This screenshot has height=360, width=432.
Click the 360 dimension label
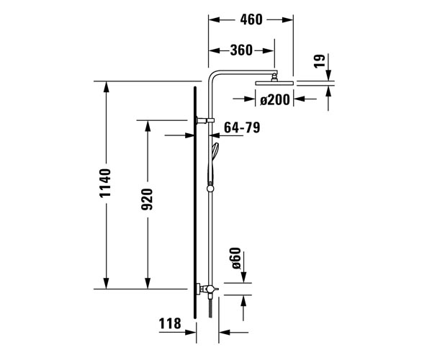pyautogui.click(x=242, y=50)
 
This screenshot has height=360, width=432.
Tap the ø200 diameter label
pyautogui.click(x=274, y=100)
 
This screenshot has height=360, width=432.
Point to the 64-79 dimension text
pyautogui.click(x=242, y=128)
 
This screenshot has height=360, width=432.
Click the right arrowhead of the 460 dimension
pyautogui.click(x=290, y=20)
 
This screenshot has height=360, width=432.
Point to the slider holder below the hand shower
pyautogui.click(x=211, y=189)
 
